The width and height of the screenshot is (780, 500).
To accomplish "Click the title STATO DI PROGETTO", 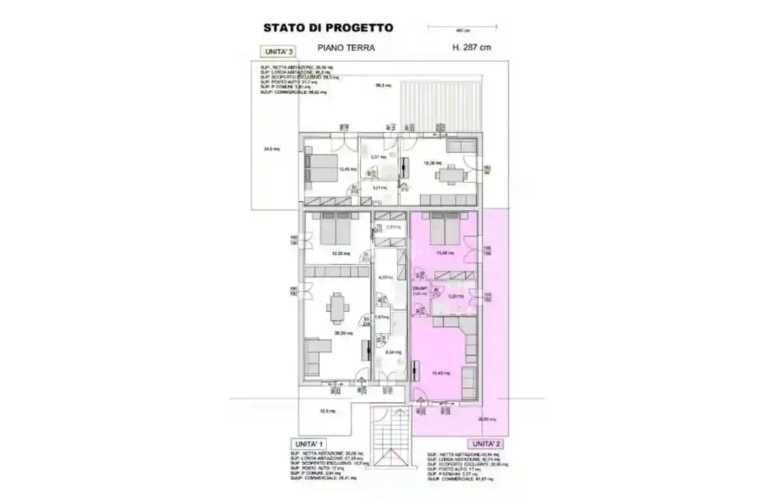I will (327, 28).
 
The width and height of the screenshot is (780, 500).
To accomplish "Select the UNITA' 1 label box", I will (309, 443).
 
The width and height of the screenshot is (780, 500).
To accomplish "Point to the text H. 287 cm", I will (471, 48).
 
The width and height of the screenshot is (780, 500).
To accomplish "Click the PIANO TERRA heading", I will (346, 48).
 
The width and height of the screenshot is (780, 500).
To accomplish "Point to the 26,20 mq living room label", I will (344, 333).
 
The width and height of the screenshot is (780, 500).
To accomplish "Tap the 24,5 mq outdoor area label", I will (272, 149).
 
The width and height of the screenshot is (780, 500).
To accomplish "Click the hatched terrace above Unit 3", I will (441, 104).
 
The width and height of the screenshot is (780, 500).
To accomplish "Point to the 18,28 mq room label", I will (432, 163).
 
